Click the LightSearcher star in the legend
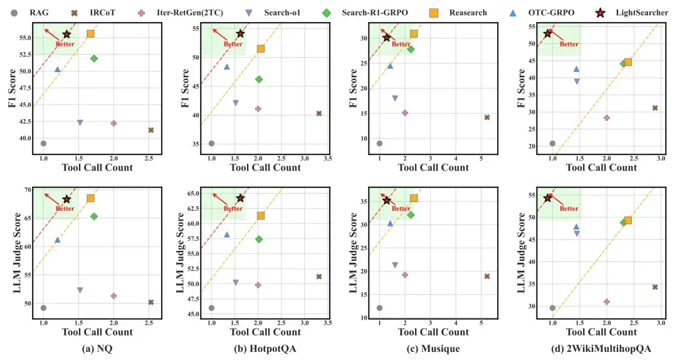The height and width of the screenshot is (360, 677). pyautogui.click(x=600, y=13)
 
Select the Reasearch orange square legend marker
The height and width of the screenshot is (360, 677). pyautogui.click(x=434, y=13)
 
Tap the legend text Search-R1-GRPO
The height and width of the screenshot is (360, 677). pyautogui.click(x=375, y=13)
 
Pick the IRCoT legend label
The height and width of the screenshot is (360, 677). pyautogui.click(x=103, y=13)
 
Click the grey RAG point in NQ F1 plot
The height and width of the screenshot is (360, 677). pyautogui.click(x=43, y=144)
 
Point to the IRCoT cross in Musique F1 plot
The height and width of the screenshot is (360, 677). pyautogui.click(x=487, y=117)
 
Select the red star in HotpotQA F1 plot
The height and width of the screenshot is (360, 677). pyautogui.click(x=240, y=34)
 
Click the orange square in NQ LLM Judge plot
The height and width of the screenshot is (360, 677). pyautogui.click(x=90, y=198)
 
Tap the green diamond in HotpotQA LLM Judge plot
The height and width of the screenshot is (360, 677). pyautogui.click(x=259, y=239)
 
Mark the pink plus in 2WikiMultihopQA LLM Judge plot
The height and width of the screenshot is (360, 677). pyautogui.click(x=607, y=302)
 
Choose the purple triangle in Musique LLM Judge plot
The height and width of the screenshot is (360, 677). pyautogui.click(x=395, y=265)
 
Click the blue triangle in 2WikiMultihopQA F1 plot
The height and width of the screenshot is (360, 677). pyautogui.click(x=576, y=69)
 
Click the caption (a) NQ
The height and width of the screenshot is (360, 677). pyautogui.click(x=97, y=349)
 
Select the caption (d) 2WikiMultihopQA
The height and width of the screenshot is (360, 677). pyautogui.click(x=601, y=349)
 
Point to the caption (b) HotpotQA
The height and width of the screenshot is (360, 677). pyautogui.click(x=265, y=349)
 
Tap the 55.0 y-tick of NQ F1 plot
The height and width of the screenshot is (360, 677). pyautogui.click(x=24, y=38)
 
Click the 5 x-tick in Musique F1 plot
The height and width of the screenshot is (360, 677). pyautogui.click(x=481, y=159)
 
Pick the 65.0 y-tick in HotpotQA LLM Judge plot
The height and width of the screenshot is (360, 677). pyautogui.click(x=192, y=193)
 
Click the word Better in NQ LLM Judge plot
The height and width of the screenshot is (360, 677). pyautogui.click(x=65, y=208)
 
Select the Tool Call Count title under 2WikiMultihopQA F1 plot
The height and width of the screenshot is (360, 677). pyautogui.click(x=601, y=167)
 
